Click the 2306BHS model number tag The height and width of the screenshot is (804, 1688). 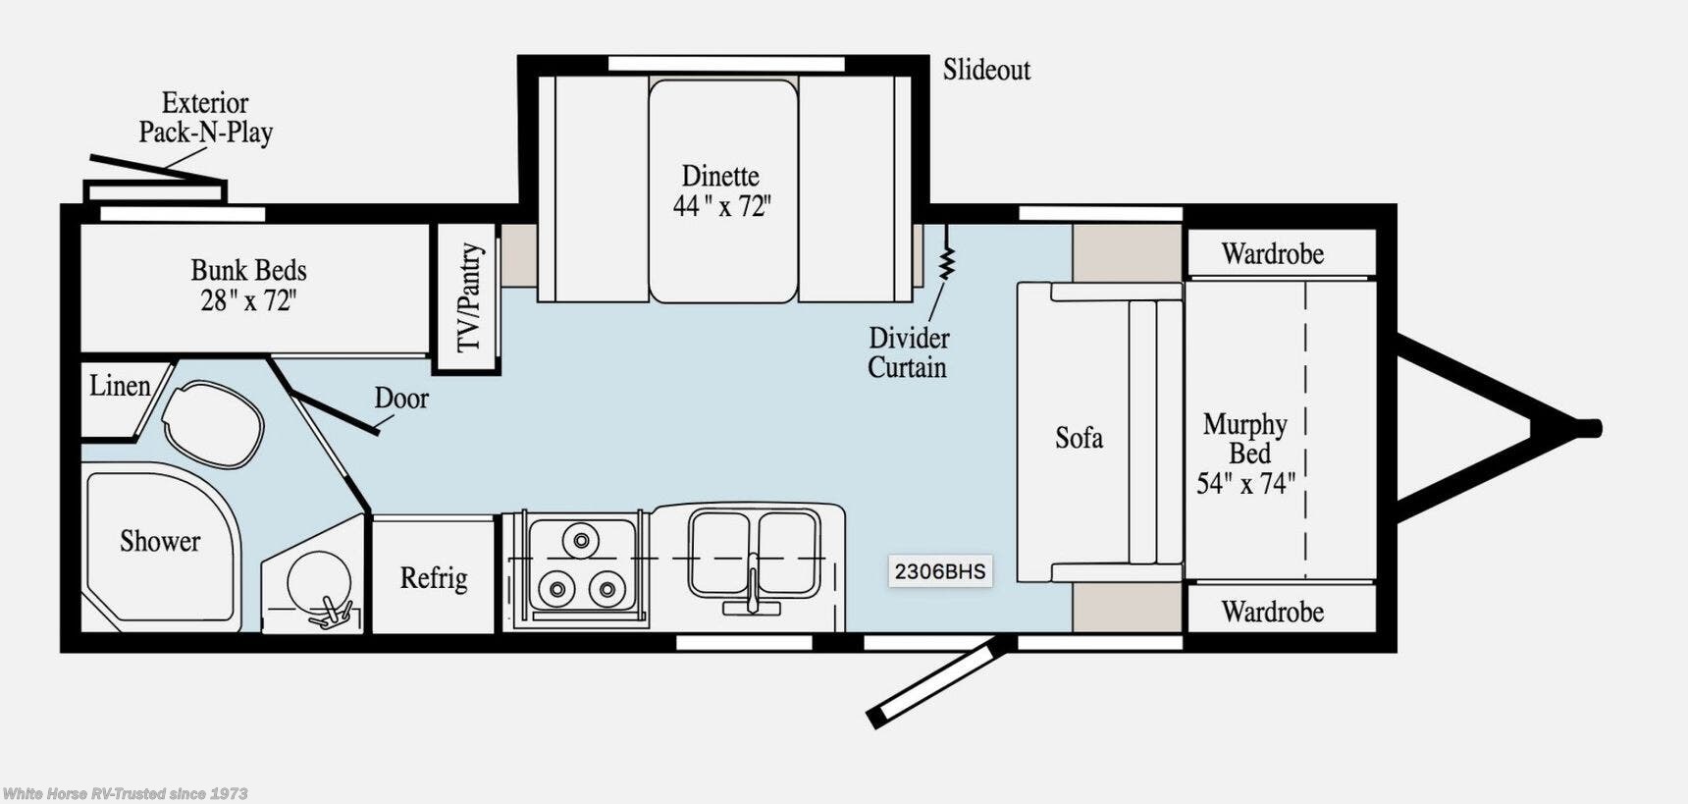(x=939, y=571)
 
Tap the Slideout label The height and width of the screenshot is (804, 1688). (x=986, y=70)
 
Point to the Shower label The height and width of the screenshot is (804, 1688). (x=160, y=541)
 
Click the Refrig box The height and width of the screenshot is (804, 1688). (x=433, y=577)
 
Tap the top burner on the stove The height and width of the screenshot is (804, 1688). (x=581, y=540)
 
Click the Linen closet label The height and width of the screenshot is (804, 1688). (x=120, y=386)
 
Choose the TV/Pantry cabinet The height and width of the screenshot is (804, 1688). (x=468, y=297)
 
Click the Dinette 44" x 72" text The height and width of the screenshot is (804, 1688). (x=721, y=191)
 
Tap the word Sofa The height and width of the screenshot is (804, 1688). (x=1079, y=438)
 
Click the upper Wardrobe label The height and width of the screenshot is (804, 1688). (x=1272, y=254)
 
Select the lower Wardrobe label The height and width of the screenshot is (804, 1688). (x=1272, y=613)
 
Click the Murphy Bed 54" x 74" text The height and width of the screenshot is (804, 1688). (x=1245, y=454)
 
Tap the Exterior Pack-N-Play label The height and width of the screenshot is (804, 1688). (x=205, y=118)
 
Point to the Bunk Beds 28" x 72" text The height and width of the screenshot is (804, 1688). (x=248, y=286)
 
